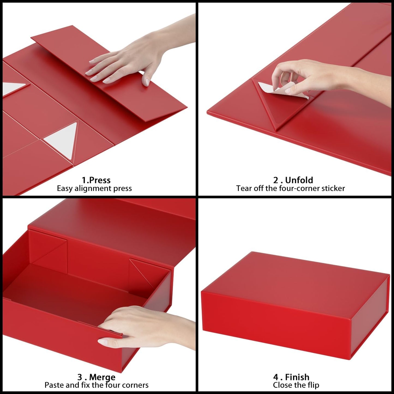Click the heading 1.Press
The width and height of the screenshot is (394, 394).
pos(96,180)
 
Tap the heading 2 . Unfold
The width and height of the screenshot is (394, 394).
pos(293,180)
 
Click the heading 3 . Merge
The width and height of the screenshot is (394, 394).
pos(96,377)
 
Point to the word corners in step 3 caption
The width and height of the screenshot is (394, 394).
pos(134,385)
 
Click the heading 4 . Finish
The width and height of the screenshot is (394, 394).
pos(291,377)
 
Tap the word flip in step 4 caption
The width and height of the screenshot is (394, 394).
pos(313,385)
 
